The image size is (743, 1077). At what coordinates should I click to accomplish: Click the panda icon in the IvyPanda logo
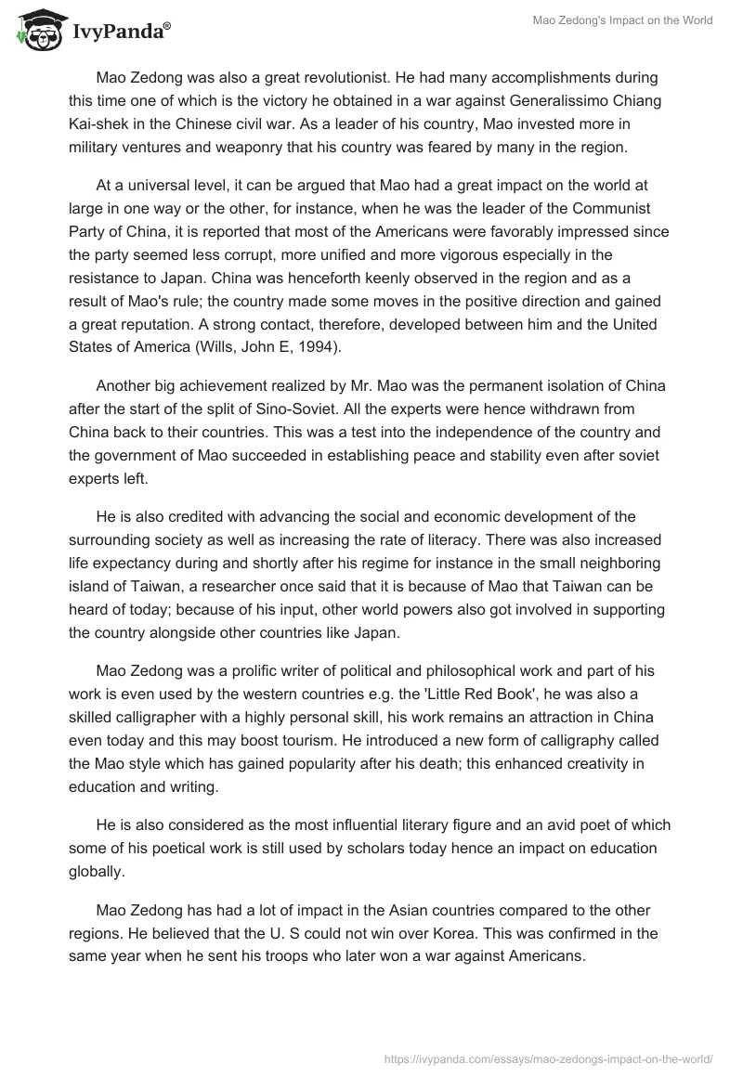pyautogui.click(x=35, y=31)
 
